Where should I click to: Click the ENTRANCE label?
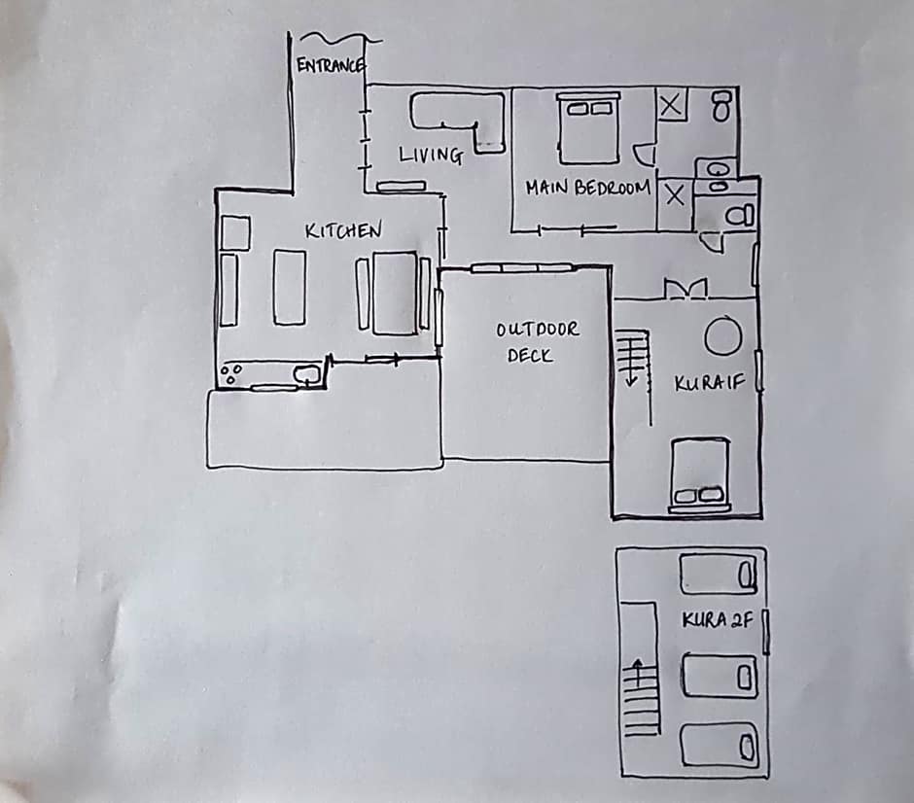[x=330, y=66]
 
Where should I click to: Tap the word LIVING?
[x=430, y=155]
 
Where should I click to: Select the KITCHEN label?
[x=343, y=231]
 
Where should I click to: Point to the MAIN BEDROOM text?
[x=587, y=188]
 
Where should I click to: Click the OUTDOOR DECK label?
[x=536, y=342]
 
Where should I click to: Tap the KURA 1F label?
[x=709, y=383]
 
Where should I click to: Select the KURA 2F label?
[x=718, y=620]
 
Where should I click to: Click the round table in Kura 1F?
[x=722, y=336]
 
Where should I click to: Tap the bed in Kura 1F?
[x=700, y=474]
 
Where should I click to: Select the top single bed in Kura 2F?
[x=718, y=575]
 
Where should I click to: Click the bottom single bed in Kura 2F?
[x=719, y=746]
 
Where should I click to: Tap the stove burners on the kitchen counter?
[x=232, y=374]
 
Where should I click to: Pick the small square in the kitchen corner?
[x=236, y=233]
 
